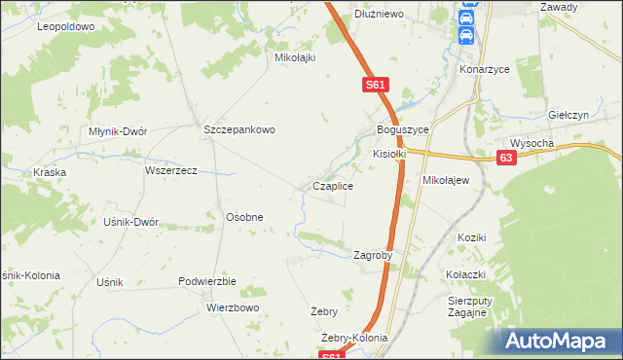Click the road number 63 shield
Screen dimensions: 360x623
(x=505, y=157)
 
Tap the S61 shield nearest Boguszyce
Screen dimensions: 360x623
(x=378, y=86)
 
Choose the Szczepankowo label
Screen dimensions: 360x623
(x=240, y=129)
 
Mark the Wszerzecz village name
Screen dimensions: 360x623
(x=170, y=170)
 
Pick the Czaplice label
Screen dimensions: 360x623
(x=332, y=186)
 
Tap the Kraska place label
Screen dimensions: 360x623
(x=48, y=172)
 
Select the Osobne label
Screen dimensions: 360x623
(x=244, y=217)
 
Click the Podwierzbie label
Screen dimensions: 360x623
(x=207, y=281)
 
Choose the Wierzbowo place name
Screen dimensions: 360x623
(x=233, y=307)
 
